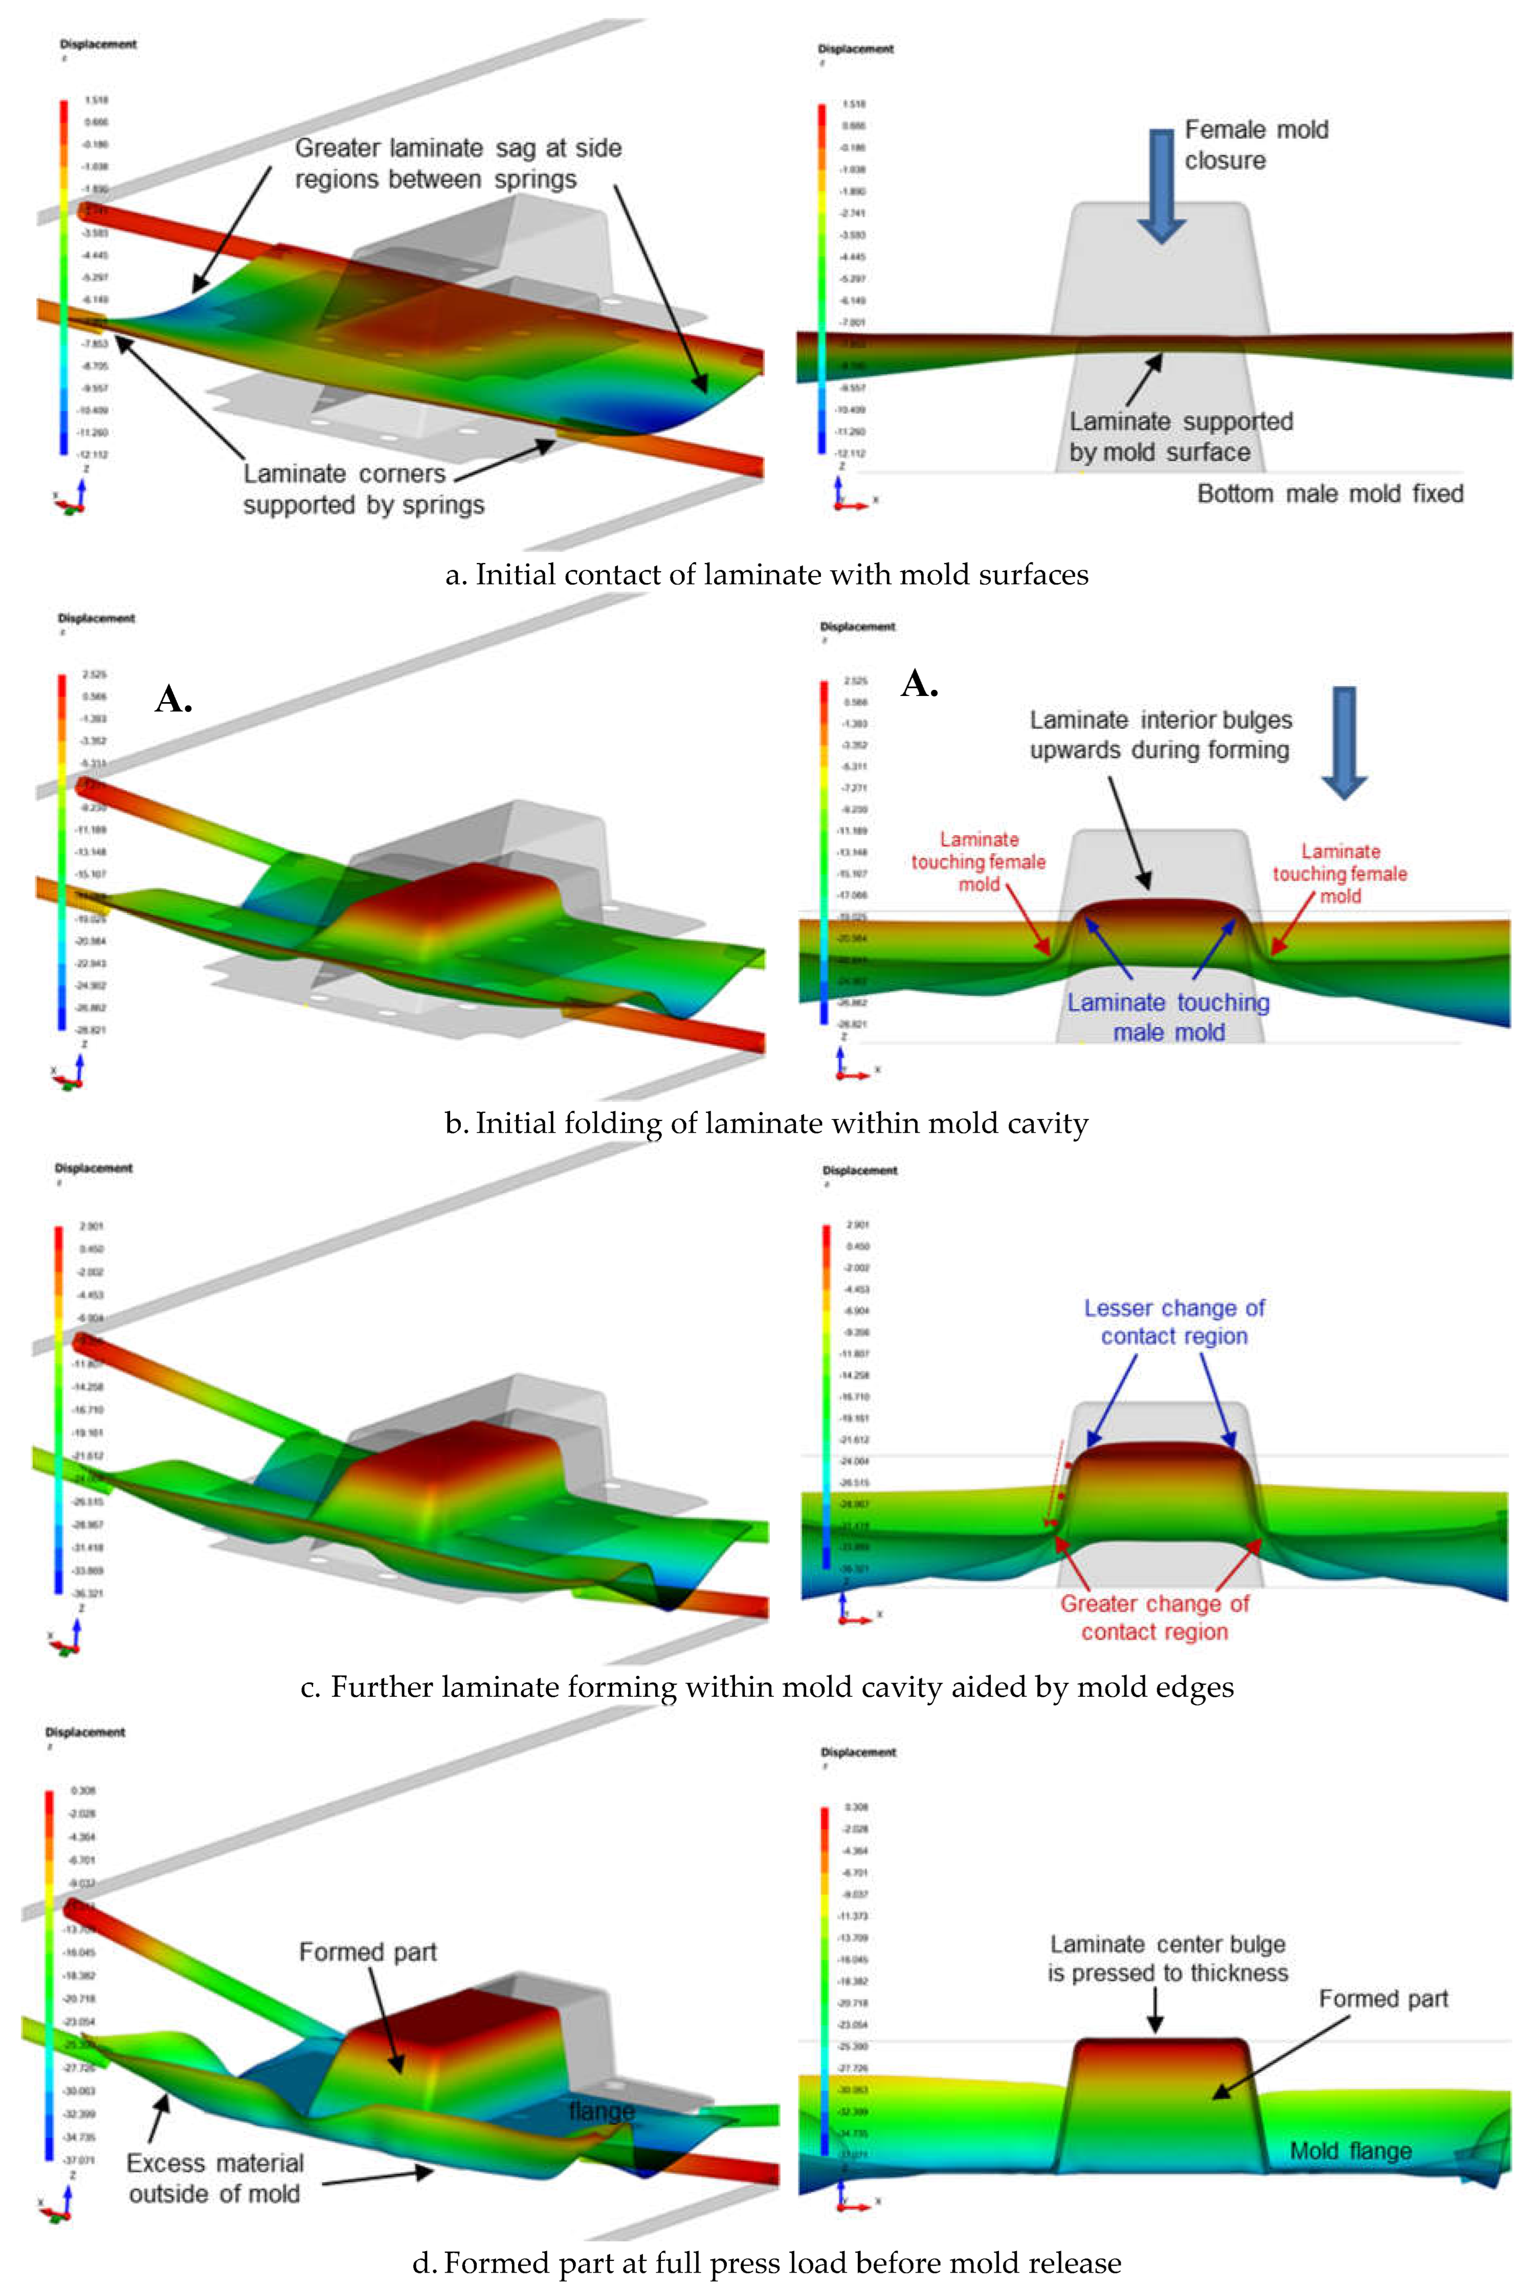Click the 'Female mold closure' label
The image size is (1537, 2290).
(1256, 145)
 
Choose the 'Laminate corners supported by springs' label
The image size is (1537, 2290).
(364, 489)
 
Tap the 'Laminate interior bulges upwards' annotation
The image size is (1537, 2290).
(1161, 735)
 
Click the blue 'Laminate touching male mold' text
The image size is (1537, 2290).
(1168, 1017)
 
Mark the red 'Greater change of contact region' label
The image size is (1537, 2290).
(1155, 1618)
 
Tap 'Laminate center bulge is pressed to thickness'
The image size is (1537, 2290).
(1167, 1959)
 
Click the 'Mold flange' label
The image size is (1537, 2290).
(1351, 2151)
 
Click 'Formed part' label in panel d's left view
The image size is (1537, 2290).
(368, 1953)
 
